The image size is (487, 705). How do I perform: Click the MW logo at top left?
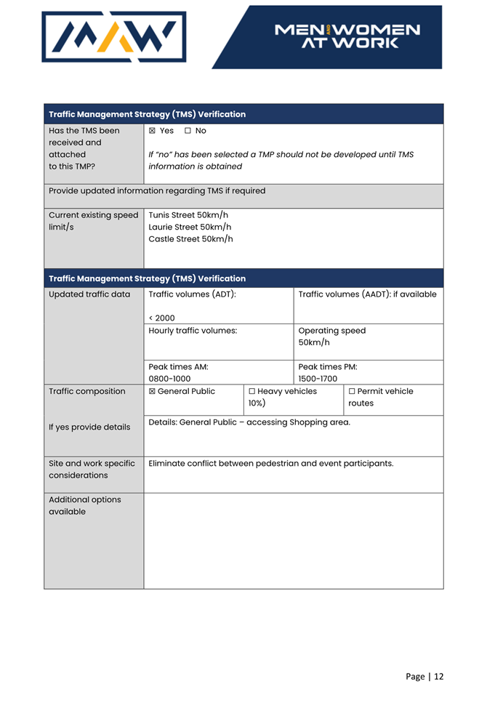click(x=114, y=36)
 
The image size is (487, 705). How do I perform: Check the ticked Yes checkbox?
click(x=152, y=131)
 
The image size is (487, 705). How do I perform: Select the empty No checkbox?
click(x=188, y=131)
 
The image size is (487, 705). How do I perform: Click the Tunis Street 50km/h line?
click(x=188, y=215)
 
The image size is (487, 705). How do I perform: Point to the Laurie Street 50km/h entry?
click(x=190, y=227)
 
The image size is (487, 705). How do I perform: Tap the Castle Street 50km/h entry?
click(x=190, y=239)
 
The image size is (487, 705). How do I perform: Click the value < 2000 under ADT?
click(x=161, y=318)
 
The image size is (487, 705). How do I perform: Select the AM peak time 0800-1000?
click(x=169, y=379)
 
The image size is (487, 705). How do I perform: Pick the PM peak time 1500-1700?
click(x=318, y=379)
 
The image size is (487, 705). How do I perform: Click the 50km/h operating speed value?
click(x=314, y=342)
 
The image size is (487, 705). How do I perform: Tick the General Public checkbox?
click(x=152, y=392)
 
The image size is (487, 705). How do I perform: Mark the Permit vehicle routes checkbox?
click(x=352, y=392)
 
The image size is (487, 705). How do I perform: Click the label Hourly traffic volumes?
click(x=193, y=331)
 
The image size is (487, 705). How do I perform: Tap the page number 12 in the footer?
click(x=438, y=677)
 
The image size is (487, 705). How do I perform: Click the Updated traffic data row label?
click(x=89, y=294)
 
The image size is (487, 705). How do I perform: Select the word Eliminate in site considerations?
click(x=169, y=463)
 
